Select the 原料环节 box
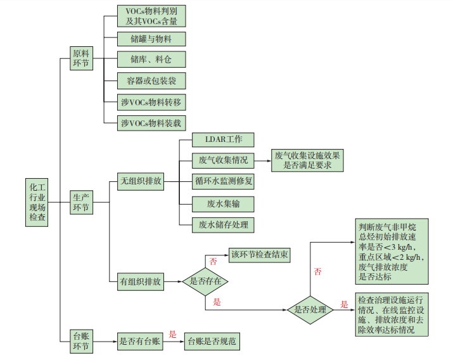81,59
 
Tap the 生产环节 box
81,202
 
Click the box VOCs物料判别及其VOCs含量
151,16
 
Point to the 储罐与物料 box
151,39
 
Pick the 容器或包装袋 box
151,80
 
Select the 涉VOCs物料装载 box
151,123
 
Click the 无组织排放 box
141,181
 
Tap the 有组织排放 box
141,280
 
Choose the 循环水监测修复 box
224,181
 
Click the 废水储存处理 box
224,224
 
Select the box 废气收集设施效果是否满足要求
308,160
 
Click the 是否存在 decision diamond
205,280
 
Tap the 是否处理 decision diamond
310,309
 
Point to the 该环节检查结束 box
260,255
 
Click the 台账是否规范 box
212,342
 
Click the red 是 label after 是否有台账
172,334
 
